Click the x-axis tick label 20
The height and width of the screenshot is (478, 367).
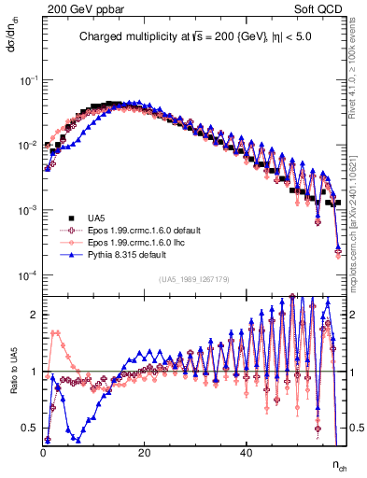coord(144,452)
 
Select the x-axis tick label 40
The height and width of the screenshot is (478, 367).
coord(245,452)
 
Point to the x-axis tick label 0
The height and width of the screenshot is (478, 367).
coord(43,452)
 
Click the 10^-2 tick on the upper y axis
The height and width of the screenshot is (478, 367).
coord(28,145)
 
